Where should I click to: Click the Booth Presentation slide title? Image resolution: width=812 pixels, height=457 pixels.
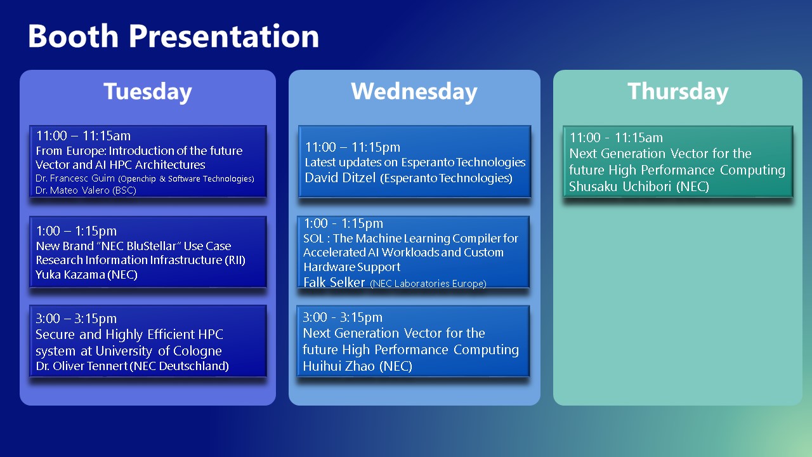point(173,36)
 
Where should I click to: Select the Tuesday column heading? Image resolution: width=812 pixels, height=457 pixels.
point(148,91)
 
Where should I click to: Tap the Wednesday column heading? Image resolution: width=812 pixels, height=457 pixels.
point(414,91)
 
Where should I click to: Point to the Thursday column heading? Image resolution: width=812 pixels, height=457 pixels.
point(678,91)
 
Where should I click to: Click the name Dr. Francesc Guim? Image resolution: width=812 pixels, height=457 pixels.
point(75,178)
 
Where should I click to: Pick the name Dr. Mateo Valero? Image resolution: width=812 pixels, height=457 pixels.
point(72,190)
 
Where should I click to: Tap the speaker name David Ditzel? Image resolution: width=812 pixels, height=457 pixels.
point(340,178)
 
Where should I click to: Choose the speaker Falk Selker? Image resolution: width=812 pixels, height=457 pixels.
point(334,282)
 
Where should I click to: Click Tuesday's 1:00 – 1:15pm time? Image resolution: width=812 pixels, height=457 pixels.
point(76,231)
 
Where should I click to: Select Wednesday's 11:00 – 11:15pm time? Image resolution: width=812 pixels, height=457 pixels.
point(353,147)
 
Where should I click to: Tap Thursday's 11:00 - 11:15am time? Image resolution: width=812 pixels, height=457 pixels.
point(616,138)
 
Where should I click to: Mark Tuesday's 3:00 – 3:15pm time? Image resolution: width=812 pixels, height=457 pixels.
point(76,319)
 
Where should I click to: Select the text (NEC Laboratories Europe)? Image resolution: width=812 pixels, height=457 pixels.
point(428,283)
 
